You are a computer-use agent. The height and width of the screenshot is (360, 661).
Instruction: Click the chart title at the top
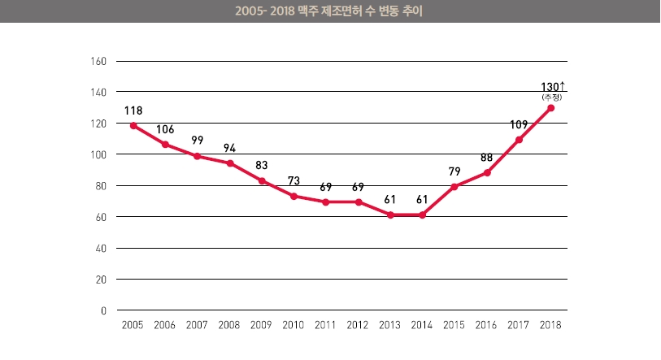coord(330,12)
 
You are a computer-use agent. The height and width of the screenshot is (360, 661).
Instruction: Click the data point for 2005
coord(133,126)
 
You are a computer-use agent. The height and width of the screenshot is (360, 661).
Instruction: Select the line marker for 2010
coord(294,196)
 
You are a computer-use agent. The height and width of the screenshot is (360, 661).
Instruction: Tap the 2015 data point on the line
coord(454,187)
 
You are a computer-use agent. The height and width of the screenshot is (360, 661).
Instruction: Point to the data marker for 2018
coord(551,108)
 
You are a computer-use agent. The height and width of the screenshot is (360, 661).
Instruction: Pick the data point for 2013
coord(390,215)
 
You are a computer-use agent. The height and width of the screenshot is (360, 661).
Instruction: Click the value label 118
coord(133,110)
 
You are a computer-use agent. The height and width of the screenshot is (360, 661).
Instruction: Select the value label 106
coord(165,128)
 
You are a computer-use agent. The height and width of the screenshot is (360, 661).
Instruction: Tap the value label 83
coord(262,165)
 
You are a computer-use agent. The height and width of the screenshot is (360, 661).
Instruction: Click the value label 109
coord(519,124)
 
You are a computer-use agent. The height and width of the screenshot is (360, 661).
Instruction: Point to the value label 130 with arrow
coord(553,85)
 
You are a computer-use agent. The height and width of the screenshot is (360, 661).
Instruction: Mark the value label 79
coord(454,171)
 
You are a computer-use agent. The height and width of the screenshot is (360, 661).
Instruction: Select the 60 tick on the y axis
coord(102,217)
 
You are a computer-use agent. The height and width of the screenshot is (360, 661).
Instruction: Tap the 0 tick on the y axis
coord(104,310)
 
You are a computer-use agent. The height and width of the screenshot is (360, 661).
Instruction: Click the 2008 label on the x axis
coord(229,325)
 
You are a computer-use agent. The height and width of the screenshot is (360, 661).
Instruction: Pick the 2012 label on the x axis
coord(358,325)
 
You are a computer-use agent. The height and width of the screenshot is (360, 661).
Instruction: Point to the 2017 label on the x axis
coord(519,325)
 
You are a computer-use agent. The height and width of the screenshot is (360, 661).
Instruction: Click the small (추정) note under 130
coord(551,98)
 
